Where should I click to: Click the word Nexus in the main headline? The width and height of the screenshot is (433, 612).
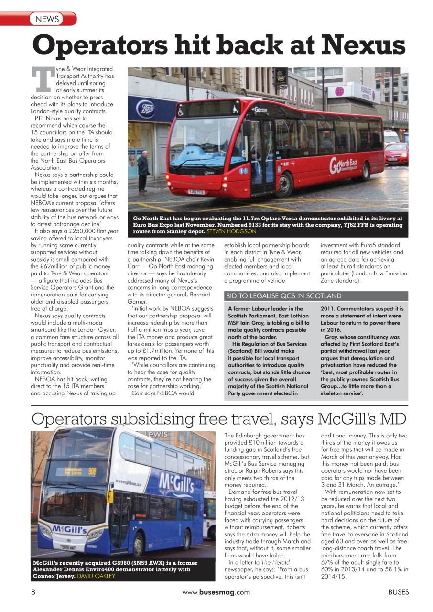coord(363,45)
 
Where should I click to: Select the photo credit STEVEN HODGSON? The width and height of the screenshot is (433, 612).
coord(231,231)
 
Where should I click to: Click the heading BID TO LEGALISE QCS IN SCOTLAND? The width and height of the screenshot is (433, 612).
coord(283,296)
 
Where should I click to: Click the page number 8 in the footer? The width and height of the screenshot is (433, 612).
coord(33,592)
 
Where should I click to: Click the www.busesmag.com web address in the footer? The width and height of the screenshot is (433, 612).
coord(216,592)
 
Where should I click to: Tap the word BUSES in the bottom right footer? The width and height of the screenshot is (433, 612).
coord(398,592)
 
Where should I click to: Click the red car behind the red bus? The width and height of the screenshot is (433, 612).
coord(396,153)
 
